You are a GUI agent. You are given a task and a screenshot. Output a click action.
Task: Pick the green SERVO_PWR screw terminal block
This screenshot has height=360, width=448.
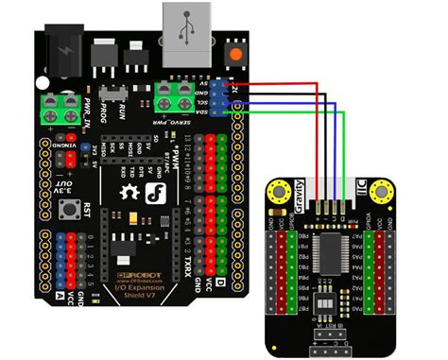tap(173, 94)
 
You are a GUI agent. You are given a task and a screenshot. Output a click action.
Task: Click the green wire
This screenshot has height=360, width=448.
tap(284, 111)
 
